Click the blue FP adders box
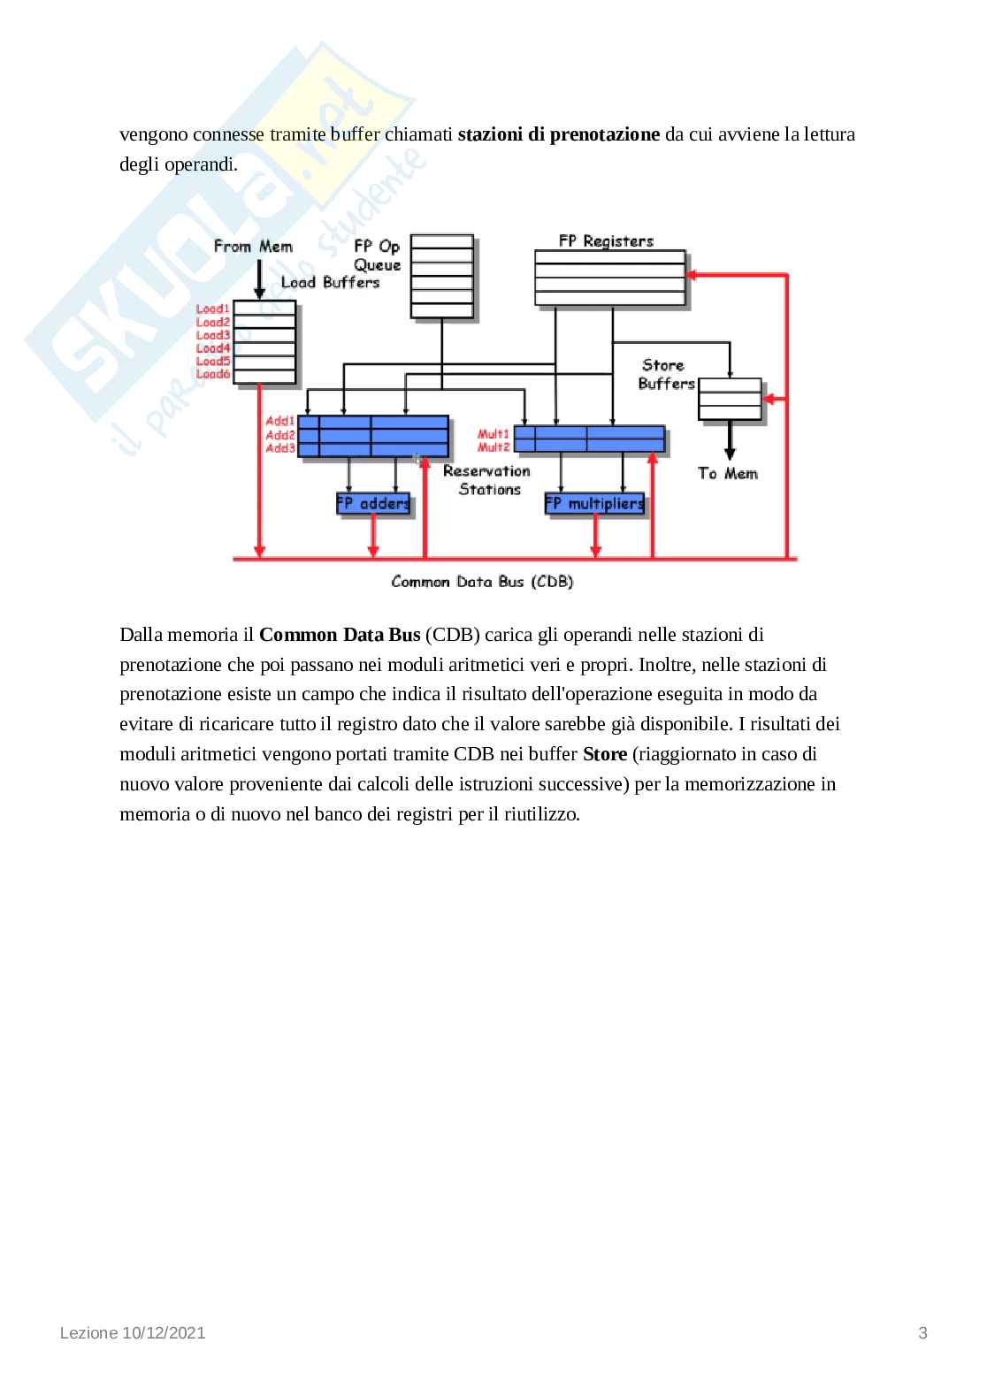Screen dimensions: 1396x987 tap(373, 504)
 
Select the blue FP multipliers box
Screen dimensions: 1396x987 tap(594, 504)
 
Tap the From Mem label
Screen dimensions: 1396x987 tap(253, 247)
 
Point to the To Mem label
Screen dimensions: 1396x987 tap(728, 474)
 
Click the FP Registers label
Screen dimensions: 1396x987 tap(606, 240)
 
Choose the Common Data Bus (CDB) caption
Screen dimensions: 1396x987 tap(482, 582)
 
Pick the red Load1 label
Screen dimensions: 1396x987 tap(213, 309)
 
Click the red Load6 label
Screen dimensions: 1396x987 tap(213, 374)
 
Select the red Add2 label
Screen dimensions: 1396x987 tap(280, 435)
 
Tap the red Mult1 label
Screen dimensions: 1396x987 tap(493, 434)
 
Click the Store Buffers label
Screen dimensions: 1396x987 tap(666, 374)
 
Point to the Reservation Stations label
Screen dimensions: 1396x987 tap(487, 480)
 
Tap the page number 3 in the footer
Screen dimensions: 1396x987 tap(923, 1333)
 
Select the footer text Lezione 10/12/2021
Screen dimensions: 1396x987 tap(133, 1333)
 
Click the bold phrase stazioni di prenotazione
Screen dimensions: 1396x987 tap(559, 134)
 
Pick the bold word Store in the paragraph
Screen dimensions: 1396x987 tap(605, 754)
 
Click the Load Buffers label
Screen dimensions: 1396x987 tap(330, 282)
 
